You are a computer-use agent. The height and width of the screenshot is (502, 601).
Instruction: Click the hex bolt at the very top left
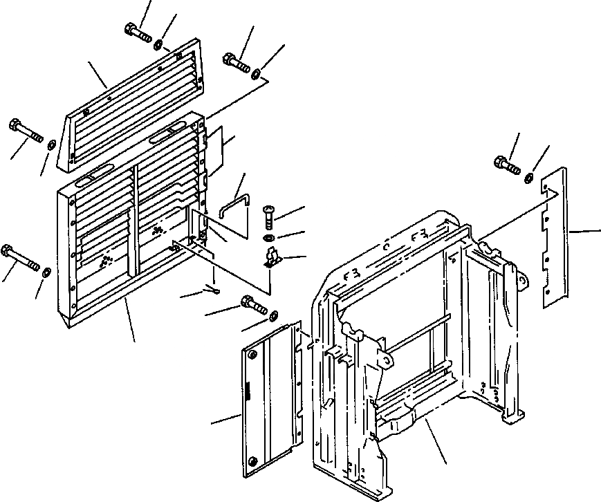click(x=138, y=32)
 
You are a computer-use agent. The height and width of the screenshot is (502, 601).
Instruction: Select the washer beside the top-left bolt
click(x=159, y=45)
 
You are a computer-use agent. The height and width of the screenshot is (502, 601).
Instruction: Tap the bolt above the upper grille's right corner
click(x=236, y=62)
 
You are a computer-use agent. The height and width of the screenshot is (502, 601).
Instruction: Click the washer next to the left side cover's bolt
click(x=275, y=316)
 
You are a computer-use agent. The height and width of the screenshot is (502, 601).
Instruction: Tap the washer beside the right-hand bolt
click(x=528, y=178)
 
